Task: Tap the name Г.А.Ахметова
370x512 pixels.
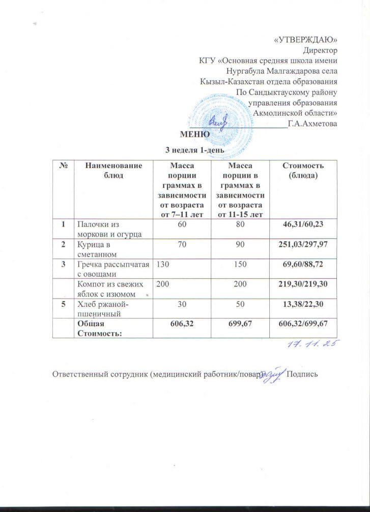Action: point(312,123)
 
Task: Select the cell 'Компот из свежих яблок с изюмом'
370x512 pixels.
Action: point(107,286)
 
